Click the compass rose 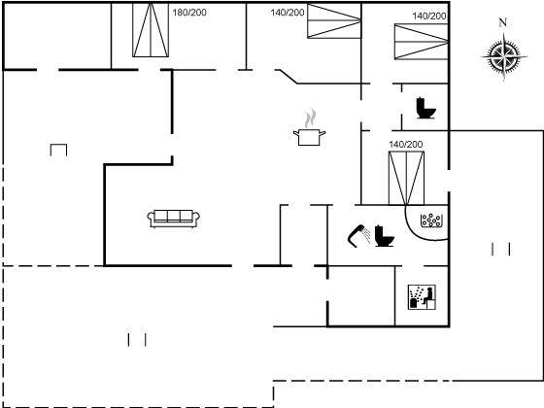[x=504, y=55]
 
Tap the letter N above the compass [x=503, y=23]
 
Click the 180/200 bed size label [x=189, y=13]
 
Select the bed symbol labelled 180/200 [x=151, y=30]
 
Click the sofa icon [x=174, y=219]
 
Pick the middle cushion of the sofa [x=174, y=216]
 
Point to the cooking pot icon [x=309, y=136]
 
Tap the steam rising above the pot [x=310, y=119]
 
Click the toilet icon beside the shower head [x=384, y=236]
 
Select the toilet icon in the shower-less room [x=425, y=108]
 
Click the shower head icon [x=358, y=236]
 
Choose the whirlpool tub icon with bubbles [x=431, y=221]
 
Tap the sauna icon [x=422, y=297]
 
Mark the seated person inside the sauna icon [x=428, y=296]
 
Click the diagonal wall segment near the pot [x=289, y=77]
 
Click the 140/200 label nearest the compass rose [x=429, y=16]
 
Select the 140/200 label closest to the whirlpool [x=406, y=145]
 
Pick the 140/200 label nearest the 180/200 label [x=288, y=13]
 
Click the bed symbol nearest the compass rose [x=422, y=42]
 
